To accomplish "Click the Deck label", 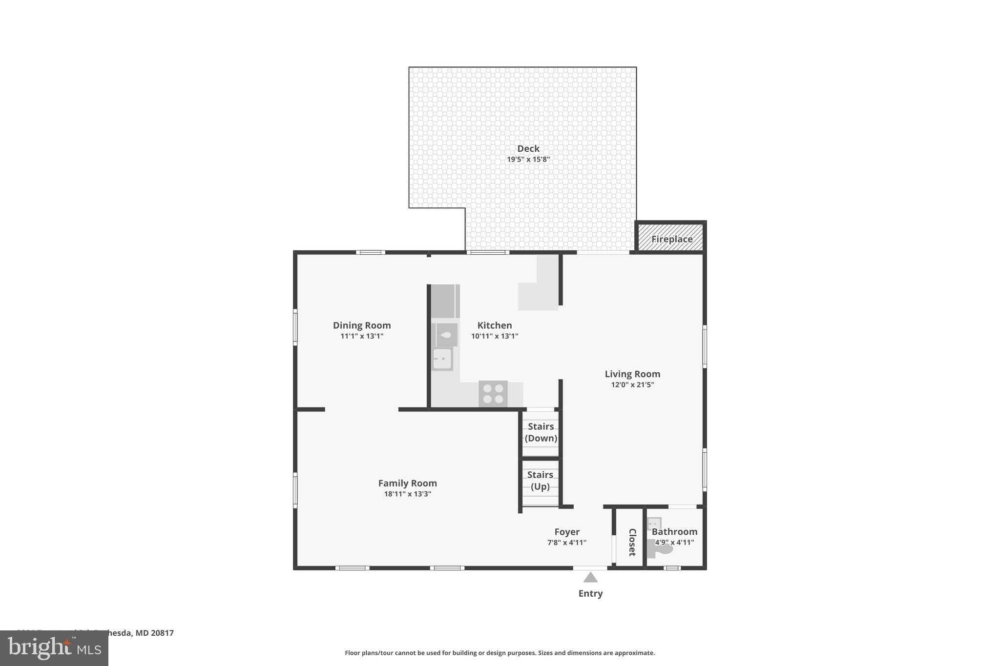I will [x=528, y=148].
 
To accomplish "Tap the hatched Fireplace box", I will [x=671, y=239].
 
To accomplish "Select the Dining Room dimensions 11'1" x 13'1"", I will [x=361, y=336].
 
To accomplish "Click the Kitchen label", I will [x=494, y=325].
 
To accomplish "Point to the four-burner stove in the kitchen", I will [x=493, y=394].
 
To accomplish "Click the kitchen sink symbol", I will [x=442, y=359].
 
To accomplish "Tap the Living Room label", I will [x=632, y=374].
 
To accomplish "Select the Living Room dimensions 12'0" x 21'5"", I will [x=632, y=385].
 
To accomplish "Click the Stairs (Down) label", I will [x=541, y=432].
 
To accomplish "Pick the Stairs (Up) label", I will [x=540, y=481].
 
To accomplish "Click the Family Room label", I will [x=407, y=483].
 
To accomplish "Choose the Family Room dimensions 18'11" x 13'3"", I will [x=407, y=494].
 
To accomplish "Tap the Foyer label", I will [x=567, y=532].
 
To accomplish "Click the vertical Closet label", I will [x=632, y=542].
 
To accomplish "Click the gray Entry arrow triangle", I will [x=590, y=578].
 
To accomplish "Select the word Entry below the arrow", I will [x=590, y=594].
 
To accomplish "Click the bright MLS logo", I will [x=54, y=648].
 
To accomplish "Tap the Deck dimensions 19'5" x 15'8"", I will [x=528, y=160].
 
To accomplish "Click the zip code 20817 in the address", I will [x=162, y=633].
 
